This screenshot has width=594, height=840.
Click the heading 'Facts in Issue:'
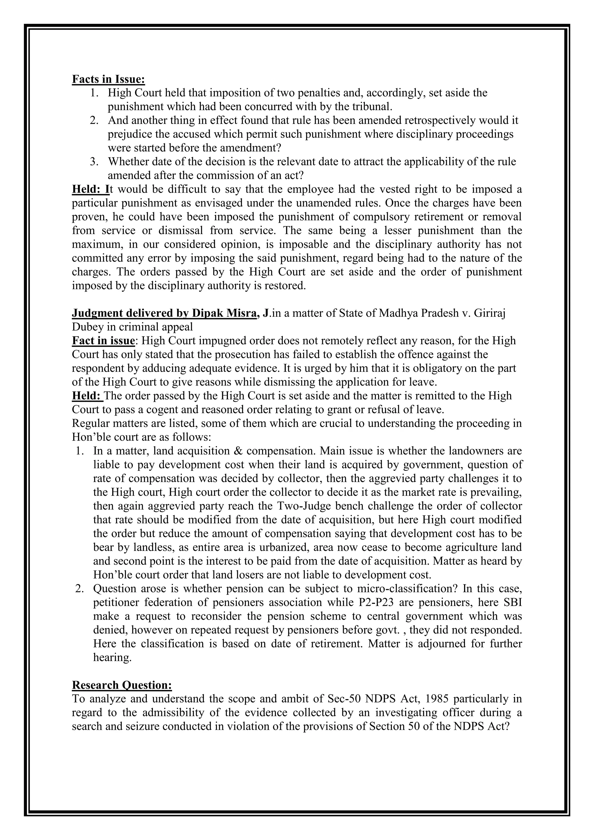108,79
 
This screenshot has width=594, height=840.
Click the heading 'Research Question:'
122,685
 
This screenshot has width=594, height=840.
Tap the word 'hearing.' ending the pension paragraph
112,658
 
